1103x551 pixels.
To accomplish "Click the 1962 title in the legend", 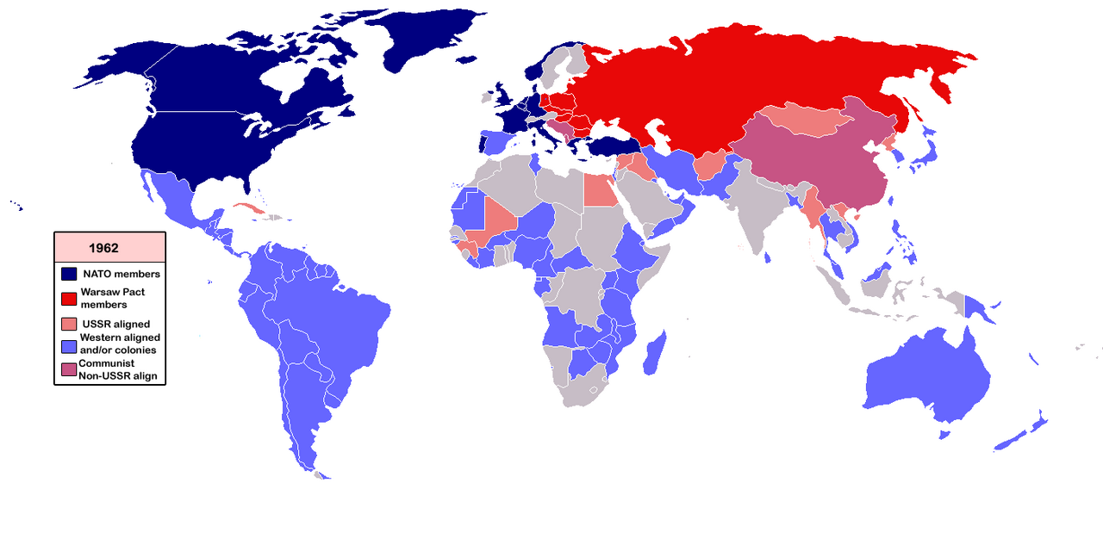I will [103, 248].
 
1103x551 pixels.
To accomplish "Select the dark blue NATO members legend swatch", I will [70, 274].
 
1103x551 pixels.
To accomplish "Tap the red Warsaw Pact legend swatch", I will [70, 298].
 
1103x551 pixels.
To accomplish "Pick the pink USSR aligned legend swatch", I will [70, 324].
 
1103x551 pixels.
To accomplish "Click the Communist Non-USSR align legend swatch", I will [70, 369].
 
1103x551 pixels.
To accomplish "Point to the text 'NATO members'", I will [121, 274].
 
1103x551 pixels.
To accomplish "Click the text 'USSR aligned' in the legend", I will [115, 324].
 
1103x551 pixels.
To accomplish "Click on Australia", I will [926, 379].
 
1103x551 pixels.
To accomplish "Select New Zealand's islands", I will [1021, 435].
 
